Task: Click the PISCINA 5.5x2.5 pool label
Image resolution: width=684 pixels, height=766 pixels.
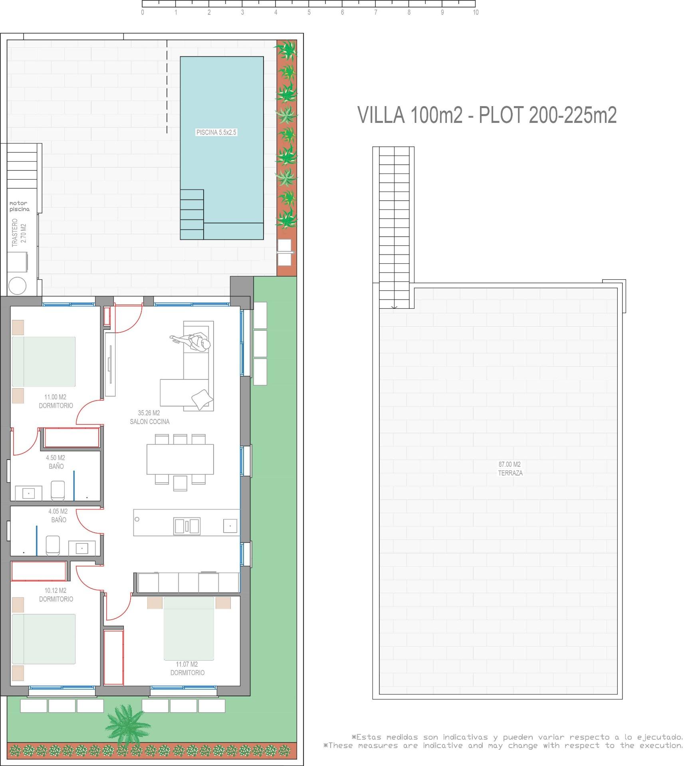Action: [x=216, y=132]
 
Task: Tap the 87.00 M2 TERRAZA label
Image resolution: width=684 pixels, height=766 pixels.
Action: [x=510, y=469]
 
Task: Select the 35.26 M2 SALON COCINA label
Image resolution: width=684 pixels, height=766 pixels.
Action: [x=149, y=417]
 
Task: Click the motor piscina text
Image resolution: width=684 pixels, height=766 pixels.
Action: [x=19, y=206]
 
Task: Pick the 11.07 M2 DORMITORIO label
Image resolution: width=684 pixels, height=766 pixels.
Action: [x=187, y=668]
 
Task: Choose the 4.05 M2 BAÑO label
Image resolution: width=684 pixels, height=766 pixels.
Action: [x=58, y=515]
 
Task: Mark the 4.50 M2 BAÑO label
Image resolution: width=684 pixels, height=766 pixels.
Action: [x=56, y=462]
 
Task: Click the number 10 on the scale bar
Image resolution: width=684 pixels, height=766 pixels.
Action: [x=476, y=12]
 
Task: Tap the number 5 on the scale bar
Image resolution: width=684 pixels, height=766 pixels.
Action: [x=309, y=12]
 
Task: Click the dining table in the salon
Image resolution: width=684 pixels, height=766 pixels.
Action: [x=180, y=459]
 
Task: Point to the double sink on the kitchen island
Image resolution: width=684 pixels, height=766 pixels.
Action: [x=187, y=526]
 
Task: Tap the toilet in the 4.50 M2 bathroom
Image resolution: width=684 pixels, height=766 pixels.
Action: [x=58, y=490]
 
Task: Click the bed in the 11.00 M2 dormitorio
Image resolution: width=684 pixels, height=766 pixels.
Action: [x=44, y=361]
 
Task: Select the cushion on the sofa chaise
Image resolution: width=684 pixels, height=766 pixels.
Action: [x=200, y=399]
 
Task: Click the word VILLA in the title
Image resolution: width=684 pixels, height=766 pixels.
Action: [x=381, y=115]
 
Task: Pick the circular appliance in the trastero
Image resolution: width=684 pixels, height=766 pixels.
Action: [x=17, y=286]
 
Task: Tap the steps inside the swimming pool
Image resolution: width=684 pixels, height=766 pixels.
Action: [x=192, y=215]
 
